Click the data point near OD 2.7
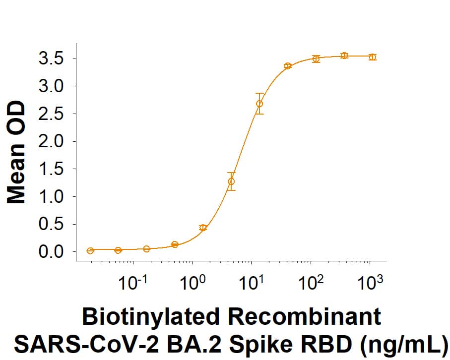coord(259,104)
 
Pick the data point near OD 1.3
coord(231,181)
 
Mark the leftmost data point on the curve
coord(90,250)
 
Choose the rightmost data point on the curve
coord(373,57)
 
